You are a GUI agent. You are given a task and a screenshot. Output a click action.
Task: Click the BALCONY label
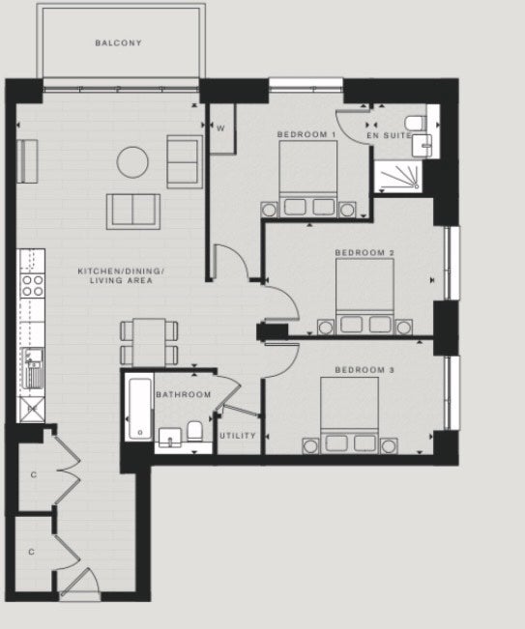pyautogui.click(x=118, y=43)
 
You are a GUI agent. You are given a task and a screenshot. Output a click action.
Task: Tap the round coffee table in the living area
pyautogui.click(x=132, y=162)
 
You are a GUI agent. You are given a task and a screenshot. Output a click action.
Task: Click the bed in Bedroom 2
pyautogui.click(x=365, y=296)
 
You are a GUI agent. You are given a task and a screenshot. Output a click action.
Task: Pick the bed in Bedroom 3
pyautogui.click(x=350, y=415)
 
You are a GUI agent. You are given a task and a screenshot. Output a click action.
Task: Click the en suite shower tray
pyautogui.click(x=398, y=176)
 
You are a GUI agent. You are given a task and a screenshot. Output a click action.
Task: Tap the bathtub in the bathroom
pyautogui.click(x=140, y=407)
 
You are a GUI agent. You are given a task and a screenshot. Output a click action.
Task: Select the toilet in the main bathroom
pyautogui.click(x=194, y=431)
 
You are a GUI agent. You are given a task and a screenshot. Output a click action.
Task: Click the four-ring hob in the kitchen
pyautogui.click(x=33, y=285)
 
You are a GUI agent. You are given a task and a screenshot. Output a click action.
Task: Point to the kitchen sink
pyautogui.click(x=33, y=368)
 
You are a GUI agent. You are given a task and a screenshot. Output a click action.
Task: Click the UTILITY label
pyautogui.click(x=238, y=435)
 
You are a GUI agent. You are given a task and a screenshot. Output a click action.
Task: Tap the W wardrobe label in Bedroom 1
pyautogui.click(x=220, y=129)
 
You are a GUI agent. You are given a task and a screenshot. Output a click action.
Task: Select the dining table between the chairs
pyautogui.click(x=149, y=342)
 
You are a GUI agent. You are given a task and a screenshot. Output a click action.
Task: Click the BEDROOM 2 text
pyautogui.click(x=365, y=253)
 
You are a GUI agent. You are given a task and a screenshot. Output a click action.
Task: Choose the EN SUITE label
pyautogui.click(x=389, y=135)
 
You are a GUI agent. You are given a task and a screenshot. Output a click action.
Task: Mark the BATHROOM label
pyautogui.click(x=184, y=395)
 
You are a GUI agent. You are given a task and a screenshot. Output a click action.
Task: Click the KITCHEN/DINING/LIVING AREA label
pyautogui.click(x=121, y=276)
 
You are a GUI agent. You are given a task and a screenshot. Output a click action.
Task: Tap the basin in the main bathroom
pyautogui.click(x=170, y=438)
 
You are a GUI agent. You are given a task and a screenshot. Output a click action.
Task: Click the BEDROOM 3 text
pyautogui.click(x=365, y=370)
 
